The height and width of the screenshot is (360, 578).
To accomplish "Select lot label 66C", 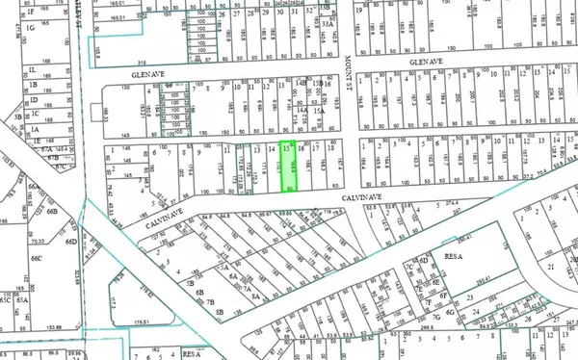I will (x=37, y=259).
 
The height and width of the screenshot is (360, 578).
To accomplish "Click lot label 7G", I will (x=436, y=314).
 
